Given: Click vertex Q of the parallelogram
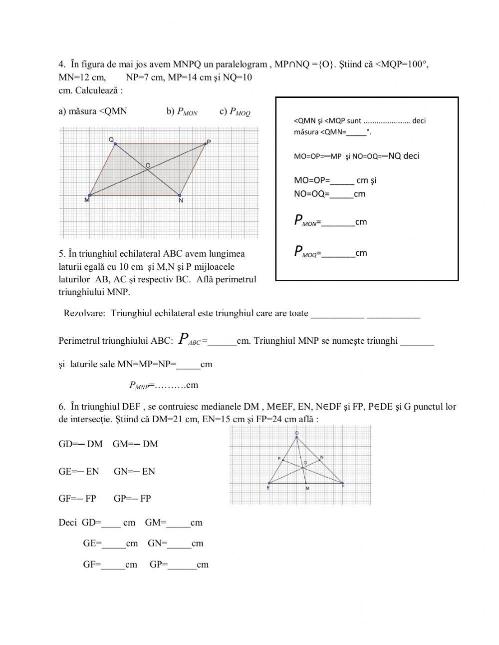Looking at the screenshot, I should [115, 144].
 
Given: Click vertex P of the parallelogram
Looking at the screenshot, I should [205, 144].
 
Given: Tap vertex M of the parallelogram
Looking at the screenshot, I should [89, 195].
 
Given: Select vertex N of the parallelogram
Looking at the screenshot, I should [179, 195].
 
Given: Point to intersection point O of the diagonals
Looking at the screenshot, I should [147, 170].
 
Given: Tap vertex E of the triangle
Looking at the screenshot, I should [269, 484].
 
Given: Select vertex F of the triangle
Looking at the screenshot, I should [343, 484].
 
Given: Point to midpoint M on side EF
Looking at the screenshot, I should [306, 484].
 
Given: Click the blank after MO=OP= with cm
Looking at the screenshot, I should [342, 181].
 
